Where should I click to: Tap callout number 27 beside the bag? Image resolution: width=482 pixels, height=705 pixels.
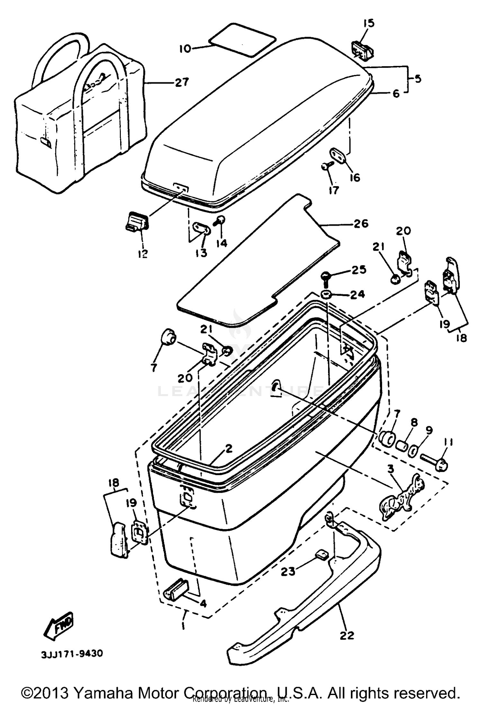pos(182,82)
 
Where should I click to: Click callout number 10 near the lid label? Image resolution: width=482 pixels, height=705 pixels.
pos(185,49)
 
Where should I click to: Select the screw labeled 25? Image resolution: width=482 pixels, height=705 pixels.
pos(326,277)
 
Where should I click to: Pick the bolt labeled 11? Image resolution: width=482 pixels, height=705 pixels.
pos(434,464)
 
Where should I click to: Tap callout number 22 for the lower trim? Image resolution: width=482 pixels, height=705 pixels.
pos(346,635)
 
